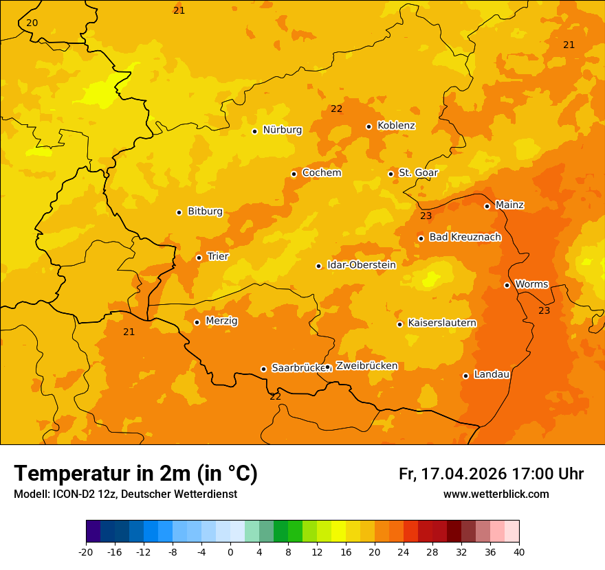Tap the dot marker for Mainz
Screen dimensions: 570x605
(x=487, y=206)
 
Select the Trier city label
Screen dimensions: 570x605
(x=217, y=256)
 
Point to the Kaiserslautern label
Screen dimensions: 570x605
(x=442, y=323)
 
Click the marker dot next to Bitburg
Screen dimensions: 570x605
(x=179, y=212)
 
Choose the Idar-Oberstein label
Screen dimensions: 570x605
(x=362, y=265)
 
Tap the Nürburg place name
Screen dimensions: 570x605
(x=282, y=130)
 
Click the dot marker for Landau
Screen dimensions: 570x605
(x=465, y=376)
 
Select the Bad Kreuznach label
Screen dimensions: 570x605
(x=465, y=237)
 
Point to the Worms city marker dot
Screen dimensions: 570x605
(x=507, y=285)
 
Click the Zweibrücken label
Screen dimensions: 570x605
(x=366, y=366)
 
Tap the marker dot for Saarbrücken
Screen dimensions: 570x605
(x=263, y=369)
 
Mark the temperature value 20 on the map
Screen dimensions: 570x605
(x=32, y=23)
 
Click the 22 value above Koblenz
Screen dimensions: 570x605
(x=336, y=109)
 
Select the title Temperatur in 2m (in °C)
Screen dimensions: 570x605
(x=135, y=474)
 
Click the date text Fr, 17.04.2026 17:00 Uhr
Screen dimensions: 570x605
(x=491, y=474)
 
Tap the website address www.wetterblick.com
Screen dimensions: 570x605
(x=496, y=494)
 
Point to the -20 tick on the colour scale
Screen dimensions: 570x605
(x=86, y=551)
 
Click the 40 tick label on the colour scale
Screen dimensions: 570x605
(x=519, y=551)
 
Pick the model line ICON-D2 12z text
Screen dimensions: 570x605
(x=125, y=494)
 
